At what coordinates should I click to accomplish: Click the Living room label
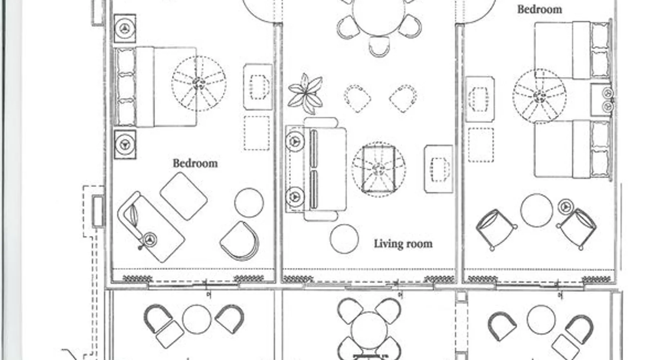click(x=403, y=244)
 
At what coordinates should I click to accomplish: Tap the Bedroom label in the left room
click(x=195, y=163)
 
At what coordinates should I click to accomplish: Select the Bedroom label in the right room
click(x=539, y=9)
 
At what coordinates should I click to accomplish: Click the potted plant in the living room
click(x=305, y=93)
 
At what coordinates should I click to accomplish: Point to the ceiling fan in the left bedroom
click(x=199, y=84)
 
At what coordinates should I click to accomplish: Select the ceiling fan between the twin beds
click(x=539, y=96)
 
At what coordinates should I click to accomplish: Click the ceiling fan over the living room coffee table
click(x=378, y=169)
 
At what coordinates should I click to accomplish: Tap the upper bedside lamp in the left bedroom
click(x=125, y=28)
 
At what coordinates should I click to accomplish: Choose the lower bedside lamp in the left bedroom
click(x=125, y=144)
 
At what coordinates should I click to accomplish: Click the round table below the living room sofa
click(x=344, y=239)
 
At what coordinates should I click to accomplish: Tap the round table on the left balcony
click(x=197, y=319)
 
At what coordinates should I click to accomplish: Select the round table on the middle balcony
click(x=369, y=330)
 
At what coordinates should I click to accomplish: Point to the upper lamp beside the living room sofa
click(x=295, y=141)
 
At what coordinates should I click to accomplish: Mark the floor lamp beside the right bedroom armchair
click(x=566, y=207)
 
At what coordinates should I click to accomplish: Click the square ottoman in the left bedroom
click(x=184, y=196)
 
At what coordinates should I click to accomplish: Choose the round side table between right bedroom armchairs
click(x=536, y=210)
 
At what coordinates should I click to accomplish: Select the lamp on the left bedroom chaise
click(x=149, y=240)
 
